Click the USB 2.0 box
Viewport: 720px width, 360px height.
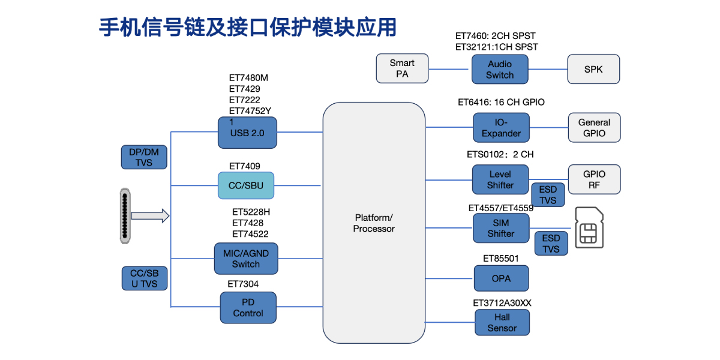click(x=247, y=133)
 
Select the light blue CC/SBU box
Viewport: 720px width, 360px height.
click(x=246, y=185)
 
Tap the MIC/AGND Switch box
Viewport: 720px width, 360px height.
click(x=246, y=259)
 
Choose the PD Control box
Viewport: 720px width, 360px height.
click(x=248, y=307)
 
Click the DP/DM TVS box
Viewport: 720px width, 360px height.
click(x=144, y=157)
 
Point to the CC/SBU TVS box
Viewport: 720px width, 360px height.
click(x=144, y=278)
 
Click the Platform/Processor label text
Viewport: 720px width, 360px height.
click(x=374, y=223)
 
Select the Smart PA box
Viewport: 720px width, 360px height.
click(x=402, y=68)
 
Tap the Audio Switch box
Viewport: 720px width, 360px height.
click(x=500, y=69)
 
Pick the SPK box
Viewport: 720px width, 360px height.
click(x=593, y=69)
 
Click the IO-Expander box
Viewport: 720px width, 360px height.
click(x=501, y=128)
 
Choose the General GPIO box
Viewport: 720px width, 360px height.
click(x=594, y=128)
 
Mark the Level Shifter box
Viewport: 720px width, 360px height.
click(x=500, y=179)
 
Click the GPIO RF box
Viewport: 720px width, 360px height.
click(x=594, y=179)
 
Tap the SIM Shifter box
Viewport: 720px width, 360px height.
click(x=500, y=227)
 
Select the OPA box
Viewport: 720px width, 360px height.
click(x=501, y=278)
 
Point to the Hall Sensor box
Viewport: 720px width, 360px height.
click(x=502, y=322)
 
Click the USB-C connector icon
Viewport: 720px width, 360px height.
click(x=124, y=217)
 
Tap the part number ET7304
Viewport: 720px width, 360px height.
click(x=243, y=284)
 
